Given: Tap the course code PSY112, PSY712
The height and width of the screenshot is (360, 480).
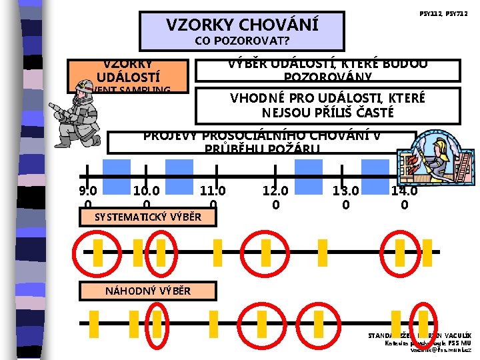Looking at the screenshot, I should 444,13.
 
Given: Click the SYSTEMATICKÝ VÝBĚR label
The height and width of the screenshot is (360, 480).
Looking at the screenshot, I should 147,217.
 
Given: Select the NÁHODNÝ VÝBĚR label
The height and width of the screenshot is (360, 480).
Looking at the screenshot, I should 147,291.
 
